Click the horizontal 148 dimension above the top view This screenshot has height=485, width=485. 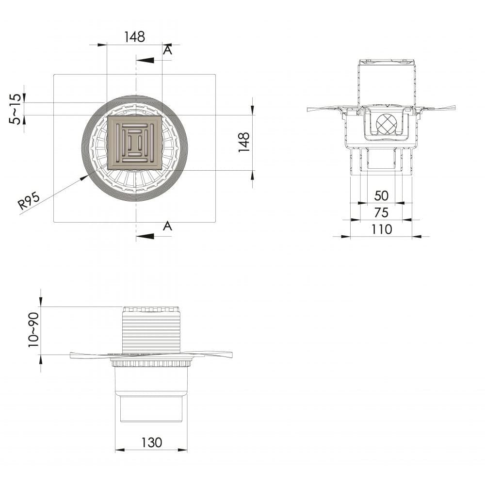click(134, 37)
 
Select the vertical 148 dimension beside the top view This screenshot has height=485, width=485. click(244, 142)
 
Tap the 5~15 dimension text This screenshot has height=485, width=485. click(16, 109)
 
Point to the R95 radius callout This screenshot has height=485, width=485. click(29, 200)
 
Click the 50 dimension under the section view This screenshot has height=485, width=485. click(381, 195)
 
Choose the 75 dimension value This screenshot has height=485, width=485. click(381, 212)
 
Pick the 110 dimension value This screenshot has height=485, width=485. click(382, 229)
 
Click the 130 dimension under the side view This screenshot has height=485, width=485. click(151, 443)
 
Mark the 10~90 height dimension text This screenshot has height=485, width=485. click(33, 330)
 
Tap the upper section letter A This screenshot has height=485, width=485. click(167, 50)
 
